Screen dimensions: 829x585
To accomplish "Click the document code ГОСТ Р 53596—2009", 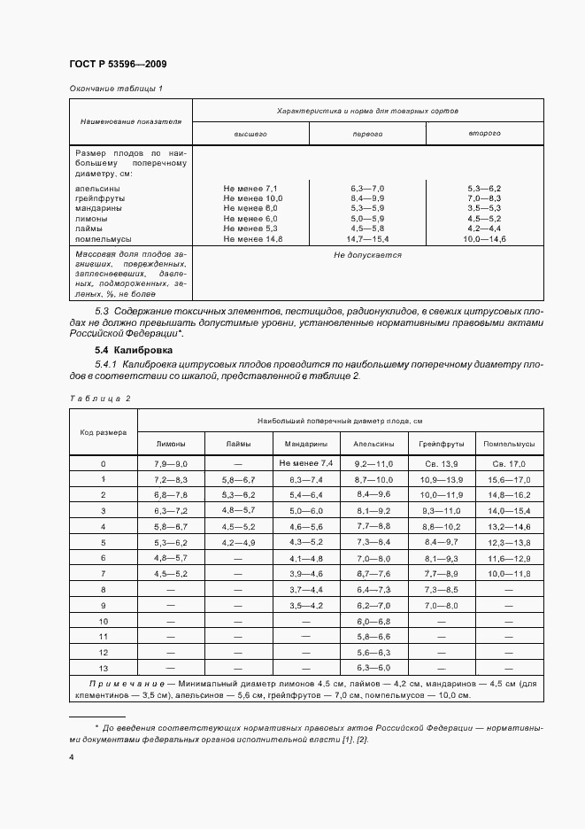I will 117,65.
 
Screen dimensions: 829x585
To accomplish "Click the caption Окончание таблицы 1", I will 115,88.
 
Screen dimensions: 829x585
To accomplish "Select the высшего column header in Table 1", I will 250,133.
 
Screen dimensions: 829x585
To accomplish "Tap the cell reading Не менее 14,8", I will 250,238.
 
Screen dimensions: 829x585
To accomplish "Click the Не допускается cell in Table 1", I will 367,255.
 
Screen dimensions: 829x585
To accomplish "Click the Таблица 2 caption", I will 99,399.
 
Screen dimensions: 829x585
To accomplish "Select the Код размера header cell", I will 104,433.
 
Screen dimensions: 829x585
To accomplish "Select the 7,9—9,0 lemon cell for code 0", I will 172,464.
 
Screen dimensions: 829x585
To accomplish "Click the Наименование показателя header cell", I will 131,120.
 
